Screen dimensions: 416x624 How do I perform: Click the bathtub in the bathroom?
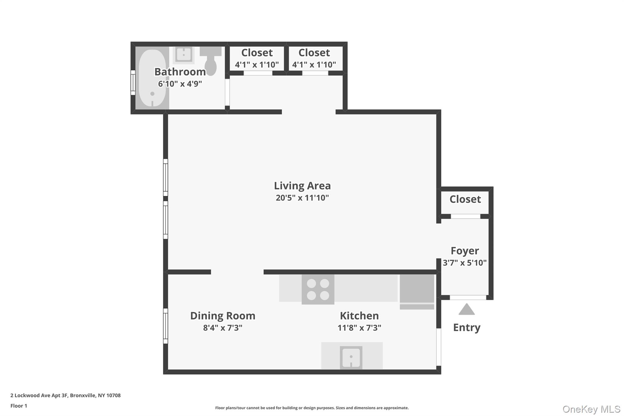click(x=152, y=78)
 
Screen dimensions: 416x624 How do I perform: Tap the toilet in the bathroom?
click(x=211, y=62)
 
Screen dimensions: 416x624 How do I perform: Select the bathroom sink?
click(x=183, y=55)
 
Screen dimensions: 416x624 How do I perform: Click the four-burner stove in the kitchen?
click(x=318, y=289)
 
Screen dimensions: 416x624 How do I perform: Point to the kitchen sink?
click(x=351, y=357)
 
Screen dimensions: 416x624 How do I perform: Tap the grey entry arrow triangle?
click(x=466, y=310)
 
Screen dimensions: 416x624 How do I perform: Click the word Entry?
click(x=466, y=328)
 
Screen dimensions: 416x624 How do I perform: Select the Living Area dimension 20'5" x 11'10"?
click(x=302, y=198)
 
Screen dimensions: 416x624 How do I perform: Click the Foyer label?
click(x=465, y=251)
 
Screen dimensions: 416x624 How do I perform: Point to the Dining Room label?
click(x=223, y=316)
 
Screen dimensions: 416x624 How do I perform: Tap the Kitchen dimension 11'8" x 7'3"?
click(x=359, y=328)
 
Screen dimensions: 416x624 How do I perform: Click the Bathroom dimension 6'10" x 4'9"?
click(x=180, y=84)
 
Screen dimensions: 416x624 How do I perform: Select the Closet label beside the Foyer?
click(x=465, y=199)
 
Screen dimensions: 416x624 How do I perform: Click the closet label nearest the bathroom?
click(x=257, y=53)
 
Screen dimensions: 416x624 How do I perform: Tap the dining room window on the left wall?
click(x=165, y=326)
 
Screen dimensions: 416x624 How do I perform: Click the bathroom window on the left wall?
click(x=133, y=82)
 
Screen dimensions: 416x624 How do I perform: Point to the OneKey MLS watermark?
click(x=591, y=409)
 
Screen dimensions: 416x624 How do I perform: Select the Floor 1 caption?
click(x=19, y=406)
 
